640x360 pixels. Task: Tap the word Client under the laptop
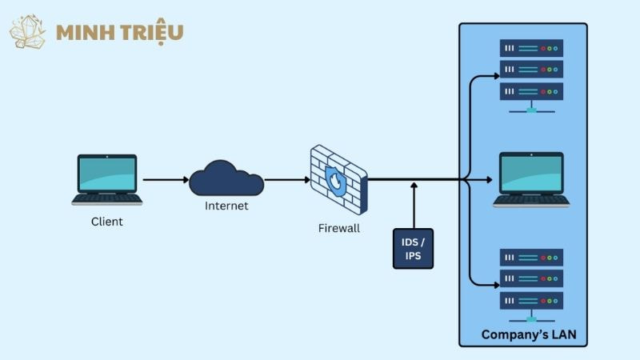[107, 221]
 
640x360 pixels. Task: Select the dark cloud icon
[226, 179]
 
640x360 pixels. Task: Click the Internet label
[226, 206]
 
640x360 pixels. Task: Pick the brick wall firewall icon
[338, 180]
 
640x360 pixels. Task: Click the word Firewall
[339, 229]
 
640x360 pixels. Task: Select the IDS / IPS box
[413, 248]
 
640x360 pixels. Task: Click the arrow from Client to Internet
[166, 180]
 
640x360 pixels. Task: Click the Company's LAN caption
[529, 334]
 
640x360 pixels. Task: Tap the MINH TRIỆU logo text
[120, 33]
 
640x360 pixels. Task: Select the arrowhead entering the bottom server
[495, 285]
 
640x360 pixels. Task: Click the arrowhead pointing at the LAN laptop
[489, 180]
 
